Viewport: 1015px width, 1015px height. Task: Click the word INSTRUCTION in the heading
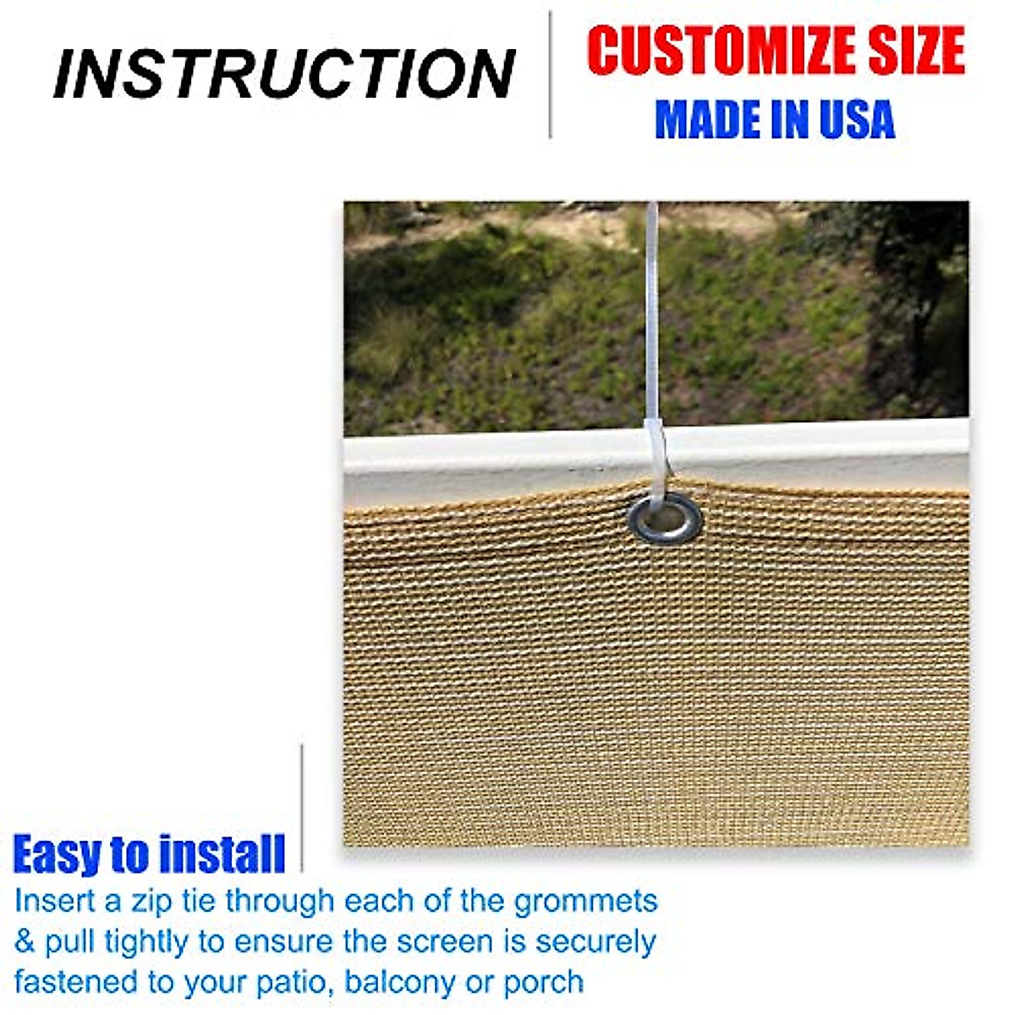tap(284, 74)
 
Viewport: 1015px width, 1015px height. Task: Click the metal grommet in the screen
tap(665, 518)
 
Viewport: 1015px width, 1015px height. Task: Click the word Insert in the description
tap(55, 900)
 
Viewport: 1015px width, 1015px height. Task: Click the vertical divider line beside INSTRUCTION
tap(551, 74)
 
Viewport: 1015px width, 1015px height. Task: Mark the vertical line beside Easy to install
tap(302, 808)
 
